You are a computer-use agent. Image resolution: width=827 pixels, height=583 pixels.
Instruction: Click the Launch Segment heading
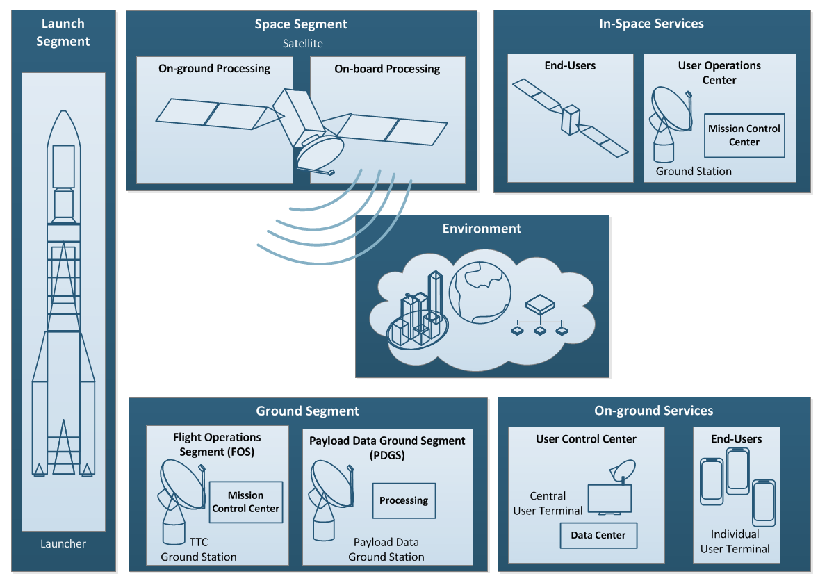(63, 33)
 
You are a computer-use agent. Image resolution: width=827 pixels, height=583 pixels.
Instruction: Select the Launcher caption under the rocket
(63, 543)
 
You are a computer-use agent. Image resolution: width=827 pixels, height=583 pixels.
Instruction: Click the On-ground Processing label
(214, 68)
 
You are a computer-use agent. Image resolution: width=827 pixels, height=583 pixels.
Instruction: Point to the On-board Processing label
(387, 69)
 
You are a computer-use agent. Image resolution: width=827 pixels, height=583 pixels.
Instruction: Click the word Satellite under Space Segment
(302, 43)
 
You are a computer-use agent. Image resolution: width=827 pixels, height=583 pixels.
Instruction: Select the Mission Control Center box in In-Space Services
(744, 136)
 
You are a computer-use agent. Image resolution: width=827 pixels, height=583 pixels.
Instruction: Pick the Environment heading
(482, 229)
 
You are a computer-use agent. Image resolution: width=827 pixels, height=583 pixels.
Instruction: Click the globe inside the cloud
(480, 292)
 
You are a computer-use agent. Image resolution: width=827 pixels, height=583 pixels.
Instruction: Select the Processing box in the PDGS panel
(404, 500)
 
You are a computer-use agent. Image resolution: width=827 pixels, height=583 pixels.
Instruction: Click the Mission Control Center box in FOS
(245, 502)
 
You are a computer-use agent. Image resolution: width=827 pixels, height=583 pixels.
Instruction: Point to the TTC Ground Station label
(199, 549)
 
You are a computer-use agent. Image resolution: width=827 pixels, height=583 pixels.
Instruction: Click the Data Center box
(598, 535)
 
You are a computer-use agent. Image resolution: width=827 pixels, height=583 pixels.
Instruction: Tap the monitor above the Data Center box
(609, 499)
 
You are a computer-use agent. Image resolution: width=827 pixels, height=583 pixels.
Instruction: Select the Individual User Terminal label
(735, 541)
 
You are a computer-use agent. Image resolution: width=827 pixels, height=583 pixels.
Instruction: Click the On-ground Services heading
(653, 411)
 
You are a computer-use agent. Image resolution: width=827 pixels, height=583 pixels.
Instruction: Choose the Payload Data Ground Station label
(386, 549)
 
